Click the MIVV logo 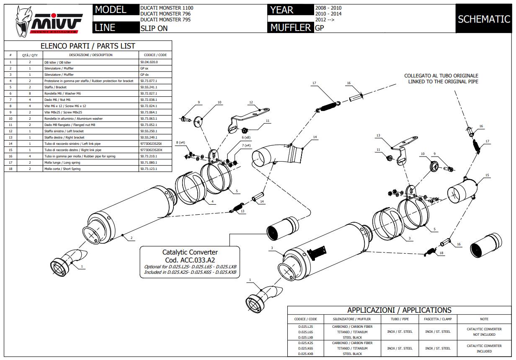(47, 21)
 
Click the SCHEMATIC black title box (484, 19)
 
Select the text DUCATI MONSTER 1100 (167, 8)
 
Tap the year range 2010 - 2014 (328, 14)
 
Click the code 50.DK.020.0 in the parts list (149, 62)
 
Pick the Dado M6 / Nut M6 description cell (57, 100)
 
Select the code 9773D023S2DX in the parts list (151, 150)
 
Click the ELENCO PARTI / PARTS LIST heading (88, 46)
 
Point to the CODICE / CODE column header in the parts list (155, 55)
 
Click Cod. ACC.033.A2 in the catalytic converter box (190, 260)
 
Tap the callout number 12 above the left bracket (251, 102)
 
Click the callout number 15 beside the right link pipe (487, 175)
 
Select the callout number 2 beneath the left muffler (132, 238)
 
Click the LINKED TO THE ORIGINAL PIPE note (443, 82)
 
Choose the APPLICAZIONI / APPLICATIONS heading (399, 310)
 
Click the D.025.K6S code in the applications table (305, 348)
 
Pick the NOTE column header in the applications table (484, 319)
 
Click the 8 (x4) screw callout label (180, 143)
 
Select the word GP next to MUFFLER (319, 28)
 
